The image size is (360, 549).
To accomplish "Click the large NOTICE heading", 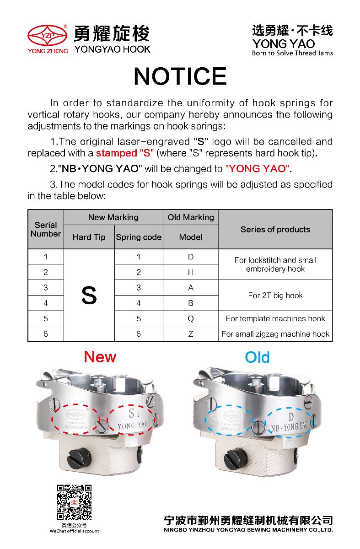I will pos(180,76).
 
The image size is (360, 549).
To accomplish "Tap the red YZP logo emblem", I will pos(48,35).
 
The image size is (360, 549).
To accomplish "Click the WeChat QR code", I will pos(74,502).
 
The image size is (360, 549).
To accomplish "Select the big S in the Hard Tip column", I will pos(89,296).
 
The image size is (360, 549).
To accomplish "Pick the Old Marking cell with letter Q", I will pos(191,318).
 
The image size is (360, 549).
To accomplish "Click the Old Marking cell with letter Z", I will pos(191,334).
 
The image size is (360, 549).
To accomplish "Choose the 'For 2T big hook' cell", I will pos(275,296).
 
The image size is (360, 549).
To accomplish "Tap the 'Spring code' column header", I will pos(139,237).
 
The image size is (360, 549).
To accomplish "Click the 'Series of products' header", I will pos(275,229).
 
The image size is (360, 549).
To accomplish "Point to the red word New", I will pos(100,357).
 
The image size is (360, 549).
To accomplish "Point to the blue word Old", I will pos(257,357).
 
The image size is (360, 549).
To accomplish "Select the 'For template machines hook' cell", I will pos(275,318).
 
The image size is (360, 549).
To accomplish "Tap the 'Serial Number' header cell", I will pos(46,229).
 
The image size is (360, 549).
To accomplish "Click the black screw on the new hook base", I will pos(75,456).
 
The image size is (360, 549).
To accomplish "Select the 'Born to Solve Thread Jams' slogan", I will pos(292,53).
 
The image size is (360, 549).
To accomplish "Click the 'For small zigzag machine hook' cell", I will pos(275,334).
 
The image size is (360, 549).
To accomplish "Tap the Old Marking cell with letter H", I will pos(191,272).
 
